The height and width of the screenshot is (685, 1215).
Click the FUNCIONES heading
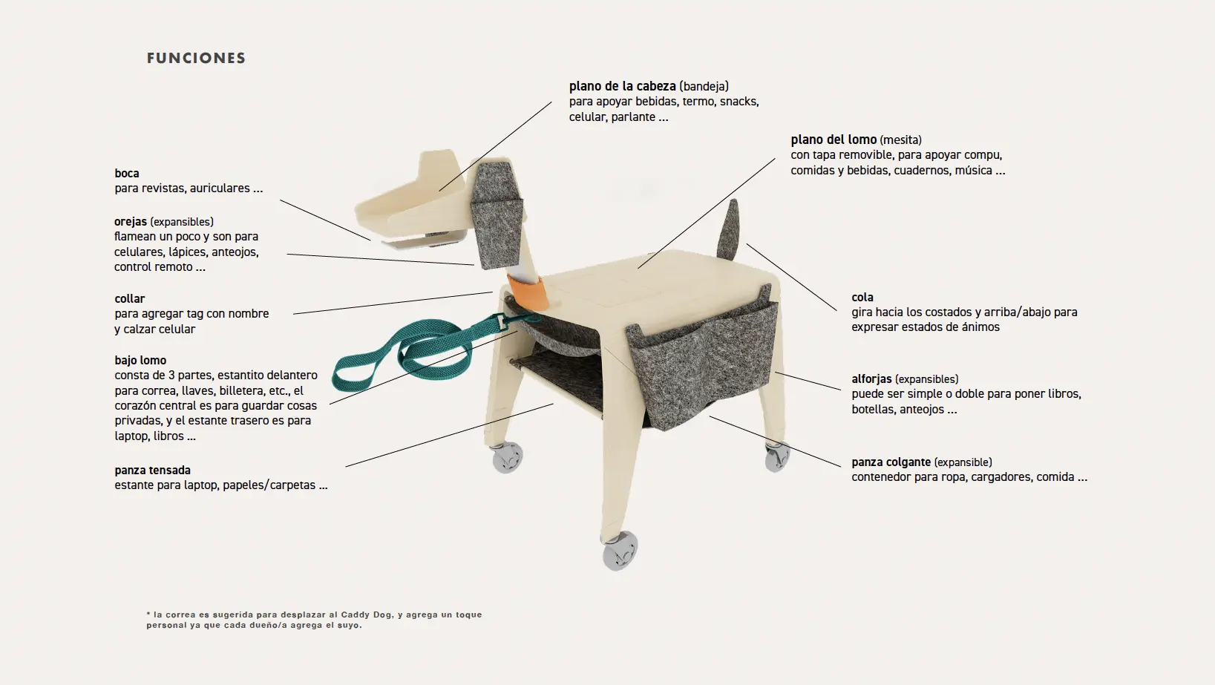196,58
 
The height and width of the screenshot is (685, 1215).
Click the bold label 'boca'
126,173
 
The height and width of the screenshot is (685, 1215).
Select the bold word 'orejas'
130,221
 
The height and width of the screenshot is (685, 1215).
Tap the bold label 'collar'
130,298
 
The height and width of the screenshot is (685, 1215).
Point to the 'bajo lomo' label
140,360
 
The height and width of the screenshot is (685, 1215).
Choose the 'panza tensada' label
152,471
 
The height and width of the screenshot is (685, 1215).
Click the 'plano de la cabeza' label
622,86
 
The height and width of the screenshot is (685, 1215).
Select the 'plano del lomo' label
834,140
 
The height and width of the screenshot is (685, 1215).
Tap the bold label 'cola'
862,297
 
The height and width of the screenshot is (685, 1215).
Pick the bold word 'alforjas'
871,378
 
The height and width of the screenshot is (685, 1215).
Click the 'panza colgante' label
891,462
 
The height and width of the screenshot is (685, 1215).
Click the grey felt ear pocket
497,217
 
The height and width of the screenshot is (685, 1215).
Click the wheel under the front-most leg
620,550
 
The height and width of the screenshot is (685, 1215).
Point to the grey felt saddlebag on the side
703,361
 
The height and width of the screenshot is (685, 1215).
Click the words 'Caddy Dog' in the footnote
366,614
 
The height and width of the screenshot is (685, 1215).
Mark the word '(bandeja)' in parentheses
704,86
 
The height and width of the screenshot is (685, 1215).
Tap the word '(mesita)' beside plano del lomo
900,140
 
